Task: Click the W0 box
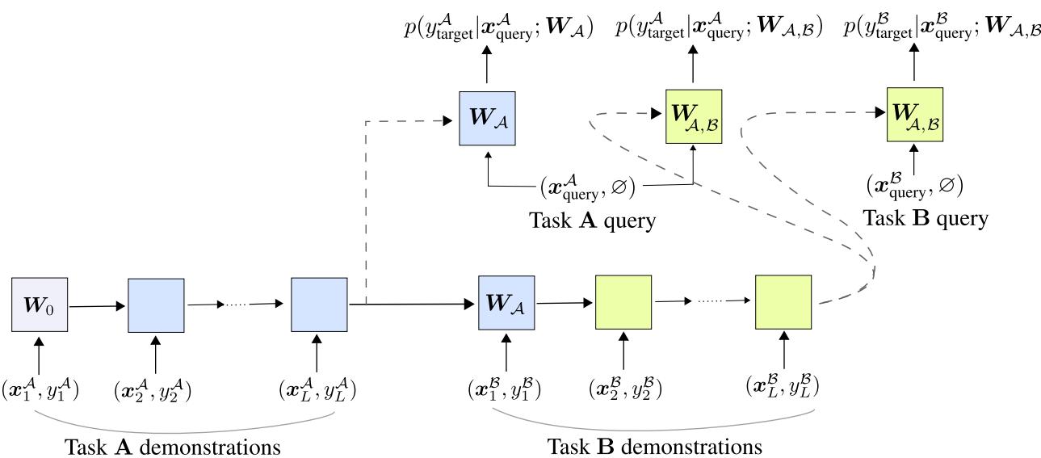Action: click(40, 305)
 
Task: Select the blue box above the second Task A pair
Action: click(156, 305)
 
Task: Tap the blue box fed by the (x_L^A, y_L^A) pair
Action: click(319, 305)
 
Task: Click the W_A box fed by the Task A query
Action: click(487, 117)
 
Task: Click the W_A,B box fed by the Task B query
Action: click(915, 116)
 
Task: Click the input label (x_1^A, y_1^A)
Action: click(40, 389)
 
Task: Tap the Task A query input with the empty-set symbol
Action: click(587, 187)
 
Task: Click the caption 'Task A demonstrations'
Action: click(174, 446)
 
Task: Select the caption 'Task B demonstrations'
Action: click(654, 446)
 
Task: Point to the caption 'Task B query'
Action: click(924, 217)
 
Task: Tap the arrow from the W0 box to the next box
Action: click(98, 306)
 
